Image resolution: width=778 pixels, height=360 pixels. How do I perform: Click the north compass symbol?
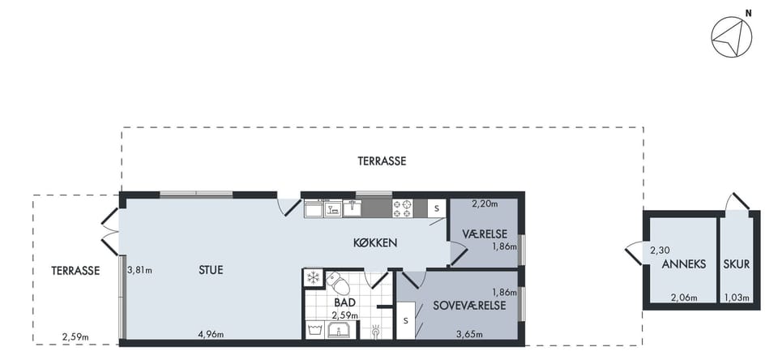(731, 36)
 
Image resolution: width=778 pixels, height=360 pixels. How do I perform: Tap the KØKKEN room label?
(375, 242)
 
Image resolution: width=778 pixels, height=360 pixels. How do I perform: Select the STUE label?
(211, 270)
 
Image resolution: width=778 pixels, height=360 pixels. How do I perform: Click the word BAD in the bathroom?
(344, 302)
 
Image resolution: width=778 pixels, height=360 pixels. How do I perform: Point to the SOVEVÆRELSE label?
(469, 306)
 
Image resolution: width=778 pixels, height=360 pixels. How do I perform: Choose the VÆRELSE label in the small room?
(485, 234)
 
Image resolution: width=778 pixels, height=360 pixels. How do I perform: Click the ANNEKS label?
(684, 264)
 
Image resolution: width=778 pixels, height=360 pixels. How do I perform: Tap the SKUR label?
(737, 264)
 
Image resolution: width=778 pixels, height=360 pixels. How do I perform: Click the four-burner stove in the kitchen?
(403, 208)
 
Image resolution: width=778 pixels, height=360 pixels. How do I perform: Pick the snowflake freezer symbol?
(313, 277)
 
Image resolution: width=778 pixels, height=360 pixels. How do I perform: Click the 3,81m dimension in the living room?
(139, 271)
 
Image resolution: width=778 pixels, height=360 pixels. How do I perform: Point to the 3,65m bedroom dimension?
(469, 335)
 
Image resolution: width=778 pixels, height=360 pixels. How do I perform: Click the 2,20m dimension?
(484, 203)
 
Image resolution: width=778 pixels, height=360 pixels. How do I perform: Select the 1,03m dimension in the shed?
(737, 298)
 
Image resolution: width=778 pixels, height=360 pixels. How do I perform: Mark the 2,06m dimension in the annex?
(684, 298)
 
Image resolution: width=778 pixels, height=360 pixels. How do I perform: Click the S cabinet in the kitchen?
(436, 208)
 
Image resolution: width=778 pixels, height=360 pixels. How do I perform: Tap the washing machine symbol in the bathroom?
(313, 329)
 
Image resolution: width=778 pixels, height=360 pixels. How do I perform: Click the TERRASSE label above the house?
(382, 161)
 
